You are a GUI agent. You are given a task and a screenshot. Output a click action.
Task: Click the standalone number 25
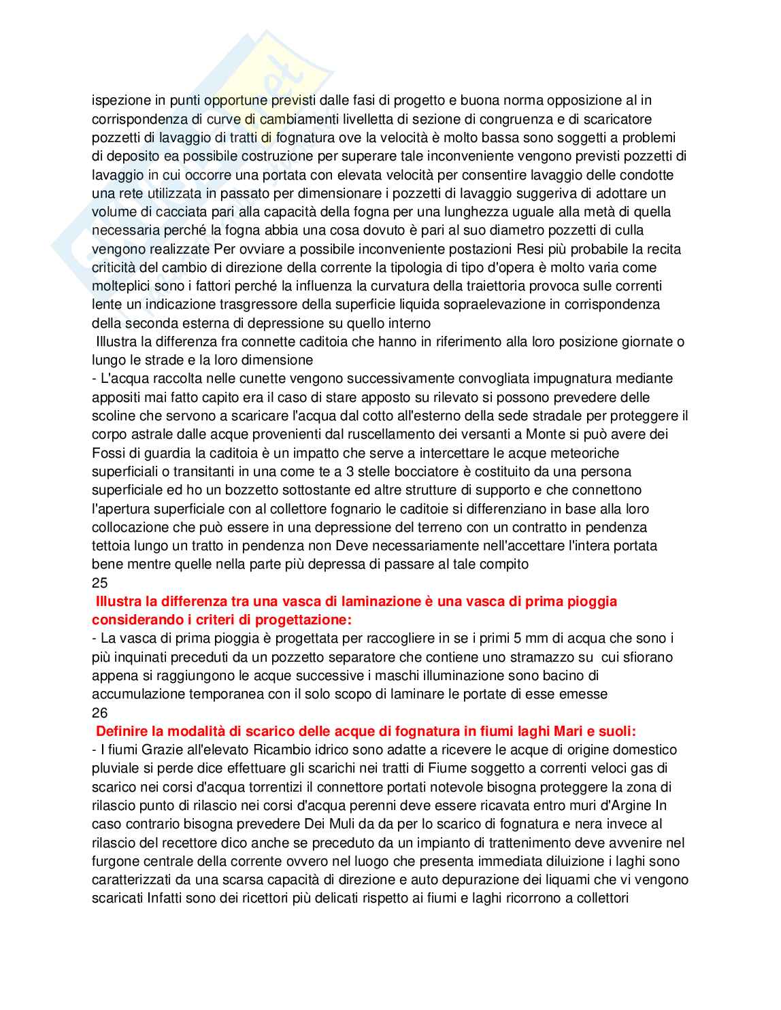(99, 583)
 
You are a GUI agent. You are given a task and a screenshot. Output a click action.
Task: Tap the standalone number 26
(99, 713)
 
